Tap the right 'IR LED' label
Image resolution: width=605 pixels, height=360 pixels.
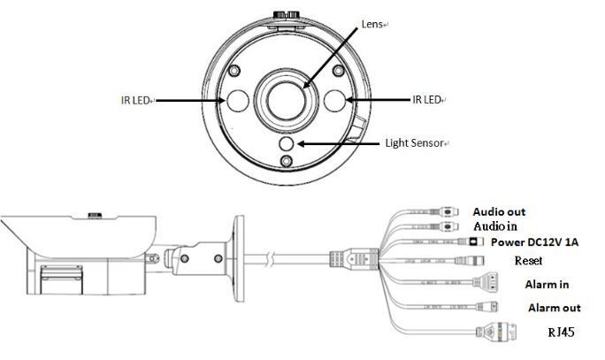click(x=425, y=100)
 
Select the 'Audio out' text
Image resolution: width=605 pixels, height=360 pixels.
click(x=499, y=211)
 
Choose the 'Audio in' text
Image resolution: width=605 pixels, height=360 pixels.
click(x=495, y=226)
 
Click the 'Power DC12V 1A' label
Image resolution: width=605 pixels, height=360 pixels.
click(x=534, y=241)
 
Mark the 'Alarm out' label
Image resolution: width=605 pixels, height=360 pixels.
click(x=554, y=308)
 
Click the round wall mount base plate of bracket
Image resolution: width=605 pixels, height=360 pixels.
click(x=236, y=257)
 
